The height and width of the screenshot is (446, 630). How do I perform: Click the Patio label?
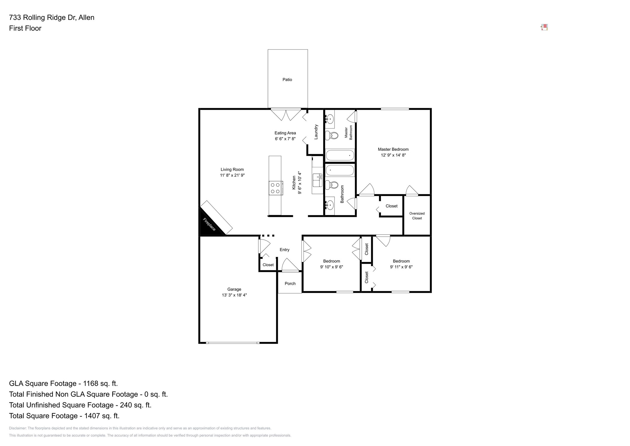[287, 80]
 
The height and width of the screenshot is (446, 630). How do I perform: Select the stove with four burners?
[275, 188]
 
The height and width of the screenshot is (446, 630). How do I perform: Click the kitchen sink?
[317, 180]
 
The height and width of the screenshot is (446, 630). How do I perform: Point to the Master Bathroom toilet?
[332, 135]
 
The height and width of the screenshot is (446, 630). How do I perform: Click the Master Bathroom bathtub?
[340, 155]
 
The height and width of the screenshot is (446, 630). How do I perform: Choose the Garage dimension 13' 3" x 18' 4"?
[234, 295]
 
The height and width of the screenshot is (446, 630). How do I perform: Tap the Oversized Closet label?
[417, 216]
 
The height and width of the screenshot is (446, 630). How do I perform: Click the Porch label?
[290, 284]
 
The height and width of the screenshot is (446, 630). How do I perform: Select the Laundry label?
[316, 132]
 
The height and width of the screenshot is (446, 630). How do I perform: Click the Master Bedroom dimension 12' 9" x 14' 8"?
[393, 155]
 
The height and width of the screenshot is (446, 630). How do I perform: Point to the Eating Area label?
[285, 133]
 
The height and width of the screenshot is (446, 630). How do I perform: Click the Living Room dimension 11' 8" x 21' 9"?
[232, 176]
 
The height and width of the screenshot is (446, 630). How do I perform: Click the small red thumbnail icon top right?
[544, 28]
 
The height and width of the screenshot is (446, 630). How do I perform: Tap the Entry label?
[284, 250]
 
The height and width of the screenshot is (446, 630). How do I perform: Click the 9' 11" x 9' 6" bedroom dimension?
[401, 267]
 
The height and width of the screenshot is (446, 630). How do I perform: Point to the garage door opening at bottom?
[233, 343]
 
